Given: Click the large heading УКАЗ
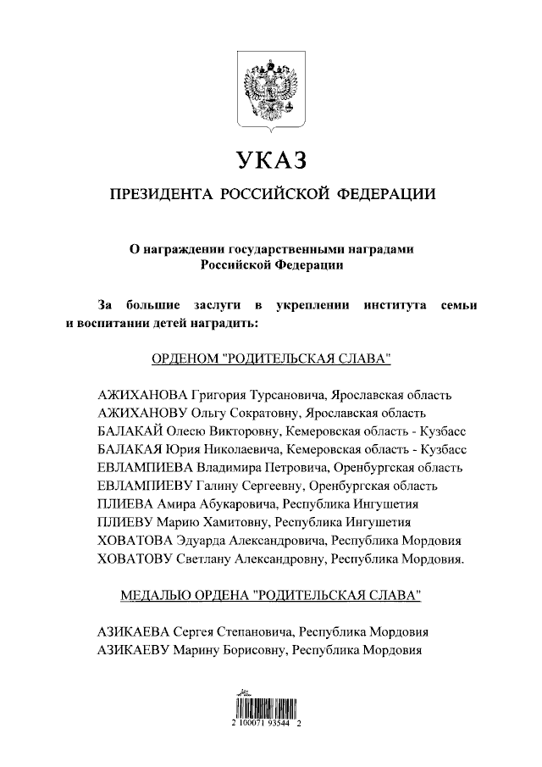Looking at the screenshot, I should click(271, 160).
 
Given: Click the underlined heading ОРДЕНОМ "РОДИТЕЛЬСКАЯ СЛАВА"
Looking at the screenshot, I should click(271, 358).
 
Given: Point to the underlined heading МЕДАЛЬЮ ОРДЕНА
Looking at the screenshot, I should click(271, 596).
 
